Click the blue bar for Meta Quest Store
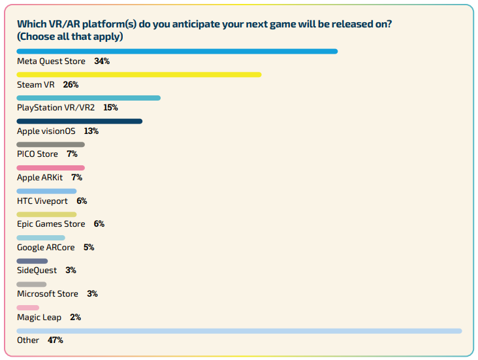(177, 51)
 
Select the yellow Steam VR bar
(139, 74)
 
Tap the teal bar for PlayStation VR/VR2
(88, 98)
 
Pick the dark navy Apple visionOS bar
(79, 121)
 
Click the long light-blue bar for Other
(239, 331)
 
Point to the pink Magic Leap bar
(28, 308)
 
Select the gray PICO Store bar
(50, 144)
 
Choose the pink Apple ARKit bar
(50, 168)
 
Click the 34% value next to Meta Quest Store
(101, 61)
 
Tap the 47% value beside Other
(55, 340)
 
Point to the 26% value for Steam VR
(71, 85)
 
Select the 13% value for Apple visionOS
(91, 131)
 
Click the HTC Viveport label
(42, 201)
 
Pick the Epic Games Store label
(51, 224)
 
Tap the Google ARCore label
(46, 248)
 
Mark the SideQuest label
(37, 270)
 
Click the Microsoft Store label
(48, 294)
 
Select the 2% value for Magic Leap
(74, 318)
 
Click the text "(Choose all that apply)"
(70, 37)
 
